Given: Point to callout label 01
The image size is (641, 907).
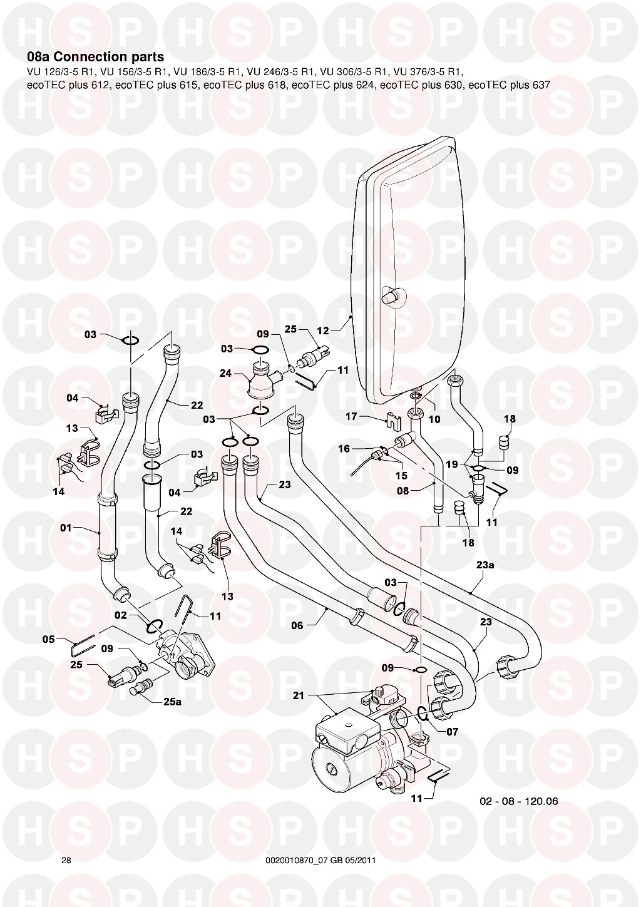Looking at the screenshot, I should point(67,528).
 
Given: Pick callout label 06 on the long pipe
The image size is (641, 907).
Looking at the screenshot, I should point(297,625).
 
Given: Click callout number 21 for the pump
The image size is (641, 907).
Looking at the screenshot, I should point(298,695).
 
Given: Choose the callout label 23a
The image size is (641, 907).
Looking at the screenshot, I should point(485,564).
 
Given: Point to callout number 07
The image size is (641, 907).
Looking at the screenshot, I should point(453,731).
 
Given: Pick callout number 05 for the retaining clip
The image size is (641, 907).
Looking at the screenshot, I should point(49,639).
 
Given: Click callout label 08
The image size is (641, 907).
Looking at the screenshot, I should point(403,491).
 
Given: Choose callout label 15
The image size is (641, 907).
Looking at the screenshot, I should point(401,476).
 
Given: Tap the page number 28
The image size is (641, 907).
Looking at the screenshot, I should point(66,861).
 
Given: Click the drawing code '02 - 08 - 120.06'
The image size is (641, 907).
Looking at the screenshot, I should point(518,801).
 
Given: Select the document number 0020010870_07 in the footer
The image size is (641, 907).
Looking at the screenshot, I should point(302,861).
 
